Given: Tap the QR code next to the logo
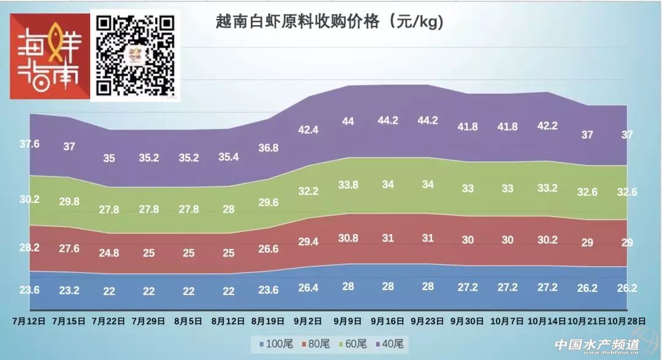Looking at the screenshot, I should coord(136,55).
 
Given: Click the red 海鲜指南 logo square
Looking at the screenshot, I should coord(48,57).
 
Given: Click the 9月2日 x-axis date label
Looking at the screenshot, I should coord(308,320).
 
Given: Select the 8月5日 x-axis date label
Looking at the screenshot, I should coord(189,320).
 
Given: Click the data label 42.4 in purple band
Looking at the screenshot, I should coord(308,130).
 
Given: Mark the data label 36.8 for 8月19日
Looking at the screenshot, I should coord(268,148).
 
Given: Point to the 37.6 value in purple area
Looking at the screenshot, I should coord(29,144).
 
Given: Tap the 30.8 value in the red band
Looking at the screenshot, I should coord(348,238).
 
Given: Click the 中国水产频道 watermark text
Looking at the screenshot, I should coord(597,345).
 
